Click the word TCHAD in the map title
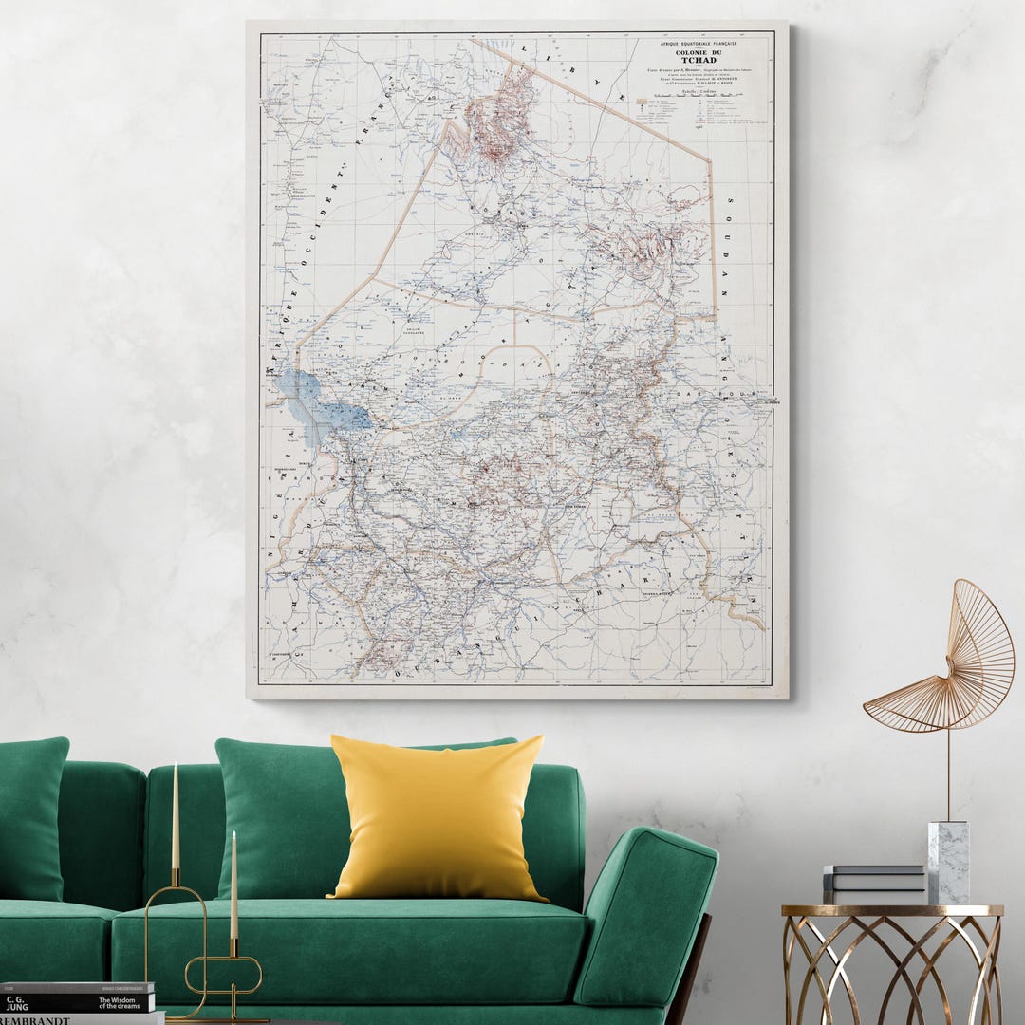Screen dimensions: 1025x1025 point(699,60)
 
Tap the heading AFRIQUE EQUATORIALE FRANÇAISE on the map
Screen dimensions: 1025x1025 point(699,43)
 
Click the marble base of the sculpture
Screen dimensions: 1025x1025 point(948,862)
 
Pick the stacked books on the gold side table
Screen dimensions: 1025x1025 point(873,884)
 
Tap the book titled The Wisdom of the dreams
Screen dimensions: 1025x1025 point(123,1002)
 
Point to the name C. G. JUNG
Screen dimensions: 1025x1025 point(17,1002)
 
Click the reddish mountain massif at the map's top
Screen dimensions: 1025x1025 point(498,119)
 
